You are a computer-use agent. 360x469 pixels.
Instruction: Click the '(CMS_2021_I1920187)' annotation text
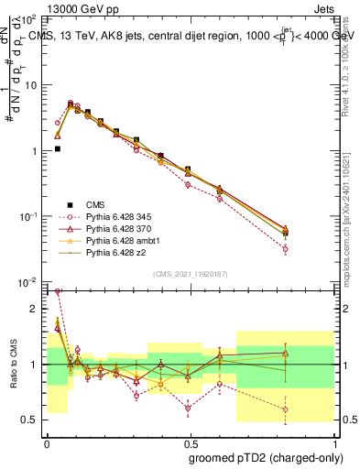click(x=191, y=274)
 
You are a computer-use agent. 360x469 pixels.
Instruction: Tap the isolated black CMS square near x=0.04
click(x=57, y=148)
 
